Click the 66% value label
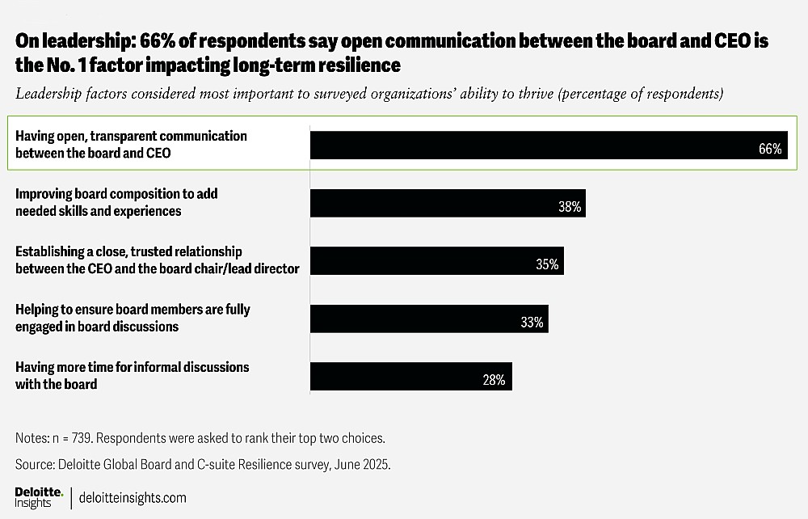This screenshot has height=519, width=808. pos(770,149)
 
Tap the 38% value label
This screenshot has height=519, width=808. pos(570,207)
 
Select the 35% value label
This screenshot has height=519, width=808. pos(547,264)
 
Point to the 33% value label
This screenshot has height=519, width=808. pos(532,323)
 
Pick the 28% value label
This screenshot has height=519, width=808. pos(494,380)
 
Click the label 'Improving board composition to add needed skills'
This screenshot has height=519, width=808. pos(116,202)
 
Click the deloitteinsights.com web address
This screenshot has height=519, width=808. pos(133,498)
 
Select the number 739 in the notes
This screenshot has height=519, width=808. pos(81,438)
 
